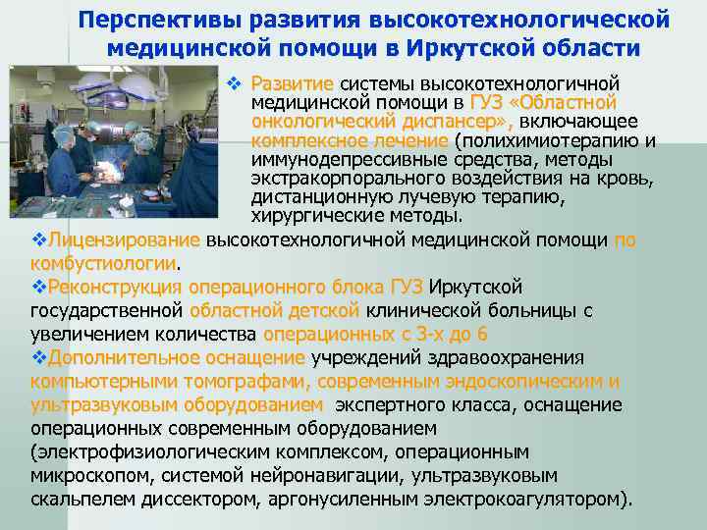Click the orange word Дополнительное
pyautogui.click(x=115, y=357)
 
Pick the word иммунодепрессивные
pyautogui.click(x=336, y=159)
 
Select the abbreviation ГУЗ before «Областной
pyautogui.click(x=486, y=102)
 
